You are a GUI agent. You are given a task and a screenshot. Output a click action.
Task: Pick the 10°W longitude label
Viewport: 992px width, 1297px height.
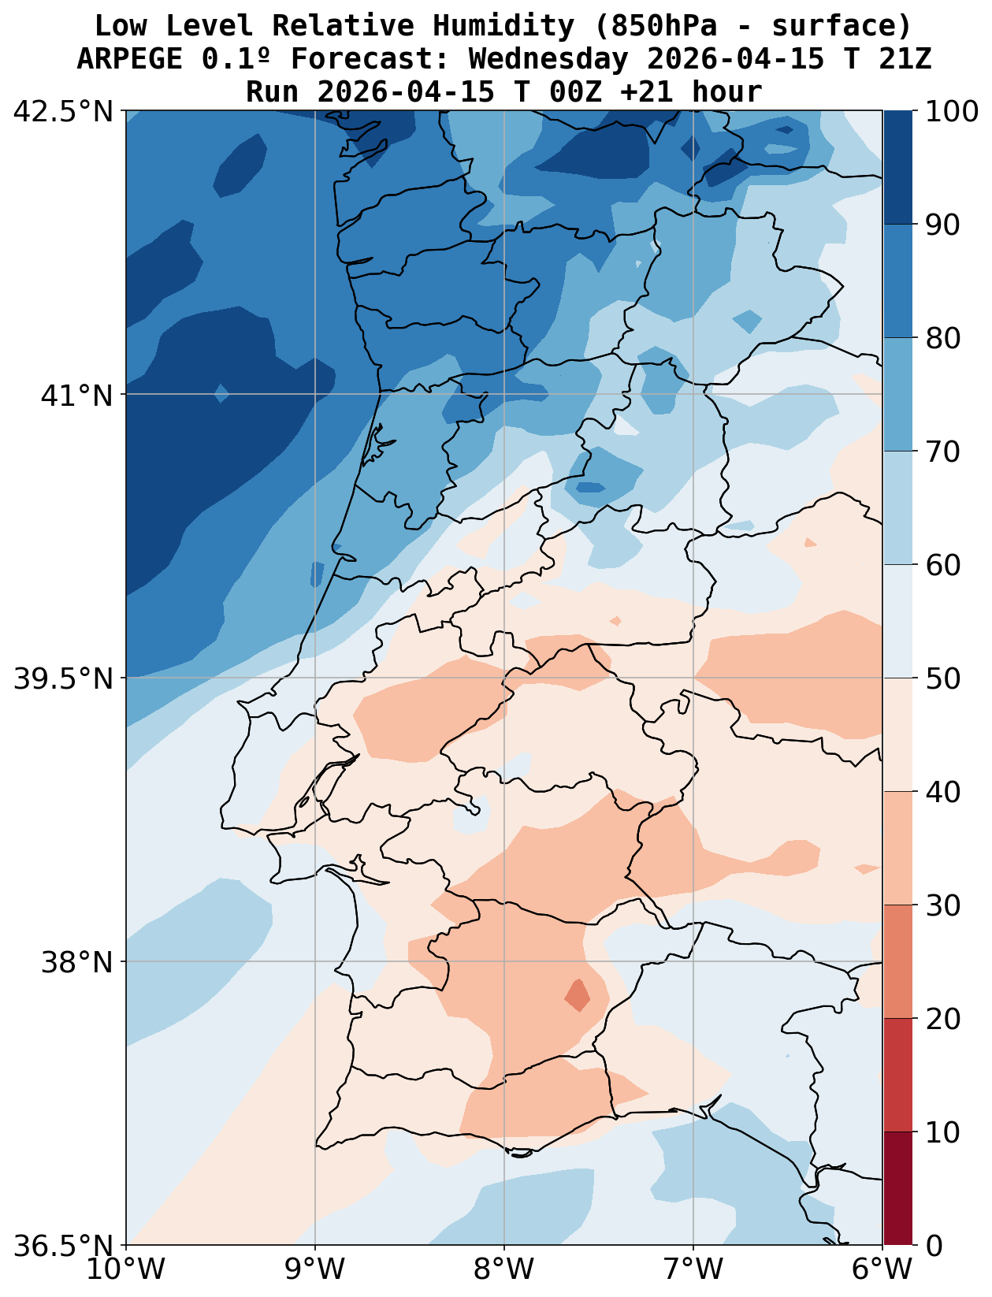[126, 1270]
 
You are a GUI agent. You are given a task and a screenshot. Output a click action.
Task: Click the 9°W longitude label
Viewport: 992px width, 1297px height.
[315, 1270]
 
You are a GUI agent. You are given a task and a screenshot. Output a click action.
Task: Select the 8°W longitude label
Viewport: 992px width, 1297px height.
[504, 1270]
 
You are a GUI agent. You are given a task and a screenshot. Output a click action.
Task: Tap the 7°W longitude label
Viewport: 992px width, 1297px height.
[693, 1270]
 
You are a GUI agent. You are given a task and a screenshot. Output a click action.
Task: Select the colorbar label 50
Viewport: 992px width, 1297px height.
[942, 678]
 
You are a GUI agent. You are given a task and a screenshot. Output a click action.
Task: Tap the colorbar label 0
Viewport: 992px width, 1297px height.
[933, 1246]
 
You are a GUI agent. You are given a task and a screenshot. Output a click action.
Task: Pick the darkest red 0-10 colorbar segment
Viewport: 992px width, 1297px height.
[898, 1188]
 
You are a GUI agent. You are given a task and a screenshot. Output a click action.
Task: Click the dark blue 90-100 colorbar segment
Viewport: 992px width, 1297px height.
[898, 167]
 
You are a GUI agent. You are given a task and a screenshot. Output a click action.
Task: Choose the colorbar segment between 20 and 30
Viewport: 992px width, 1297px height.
[898, 961]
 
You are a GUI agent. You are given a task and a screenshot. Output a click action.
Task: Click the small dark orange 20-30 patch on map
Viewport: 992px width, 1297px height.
[578, 996]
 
